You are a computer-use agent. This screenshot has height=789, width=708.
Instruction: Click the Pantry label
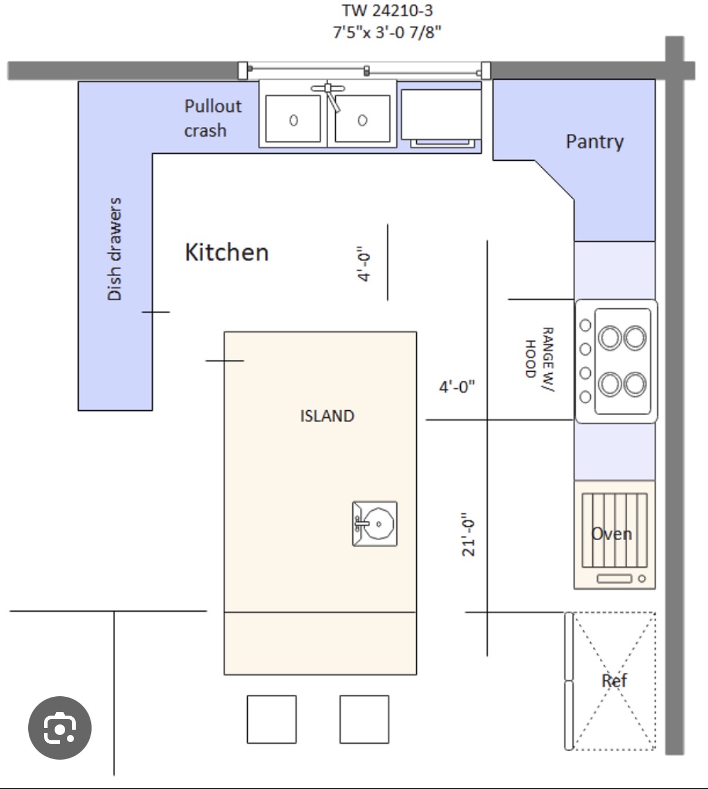pyautogui.click(x=594, y=142)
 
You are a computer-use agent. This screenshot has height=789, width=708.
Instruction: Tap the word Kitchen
pyautogui.click(x=227, y=252)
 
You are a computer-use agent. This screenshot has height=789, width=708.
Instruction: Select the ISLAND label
pyautogui.click(x=327, y=416)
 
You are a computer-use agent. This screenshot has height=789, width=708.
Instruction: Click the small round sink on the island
pyautogui.click(x=375, y=524)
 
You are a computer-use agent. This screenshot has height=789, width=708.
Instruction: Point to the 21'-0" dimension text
pyautogui.click(x=468, y=534)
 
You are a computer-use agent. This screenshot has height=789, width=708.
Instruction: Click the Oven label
pyautogui.click(x=611, y=534)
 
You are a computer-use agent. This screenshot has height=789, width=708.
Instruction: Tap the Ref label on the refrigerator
pyautogui.click(x=614, y=681)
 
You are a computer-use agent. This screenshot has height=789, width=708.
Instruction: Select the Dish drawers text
pyautogui.click(x=114, y=249)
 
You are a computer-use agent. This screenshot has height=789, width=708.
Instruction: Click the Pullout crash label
pyautogui.click(x=213, y=118)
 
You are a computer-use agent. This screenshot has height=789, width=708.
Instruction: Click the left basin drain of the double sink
pyautogui.click(x=294, y=120)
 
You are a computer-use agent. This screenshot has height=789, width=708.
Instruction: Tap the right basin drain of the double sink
pyautogui.click(x=363, y=120)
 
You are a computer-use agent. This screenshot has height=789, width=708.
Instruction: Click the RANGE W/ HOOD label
pyautogui.click(x=540, y=359)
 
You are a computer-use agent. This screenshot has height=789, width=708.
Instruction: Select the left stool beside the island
pyautogui.click(x=271, y=719)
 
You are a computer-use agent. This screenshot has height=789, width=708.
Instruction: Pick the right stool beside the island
pyautogui.click(x=364, y=719)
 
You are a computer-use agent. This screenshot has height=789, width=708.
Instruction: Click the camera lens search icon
pyautogui.click(x=59, y=728)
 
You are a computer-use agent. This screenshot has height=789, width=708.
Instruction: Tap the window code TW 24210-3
pyautogui.click(x=387, y=11)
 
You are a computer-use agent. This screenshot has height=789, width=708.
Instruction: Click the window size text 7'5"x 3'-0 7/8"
pyautogui.click(x=387, y=32)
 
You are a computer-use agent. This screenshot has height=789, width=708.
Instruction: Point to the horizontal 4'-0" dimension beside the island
pyautogui.click(x=457, y=387)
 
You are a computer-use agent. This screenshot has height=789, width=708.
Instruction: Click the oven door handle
pyautogui.click(x=614, y=579)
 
